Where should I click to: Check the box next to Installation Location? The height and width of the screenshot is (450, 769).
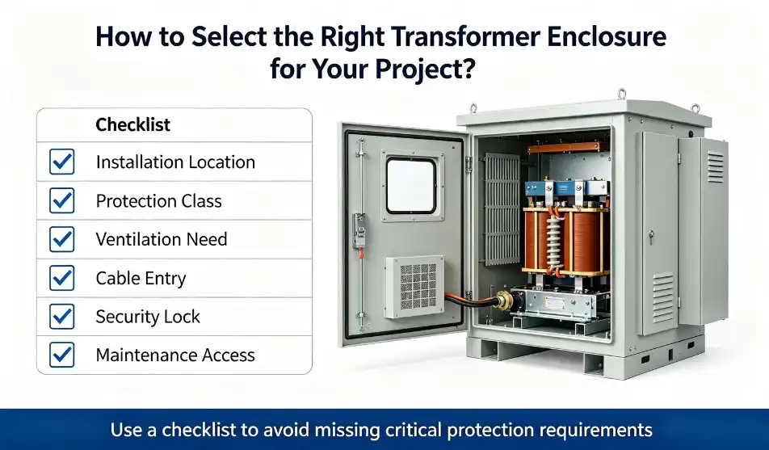(61, 162)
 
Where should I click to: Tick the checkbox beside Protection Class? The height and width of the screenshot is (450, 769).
(61, 200)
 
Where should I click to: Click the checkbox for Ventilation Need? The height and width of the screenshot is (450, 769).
(61, 239)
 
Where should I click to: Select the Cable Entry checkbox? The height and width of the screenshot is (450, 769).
(61, 278)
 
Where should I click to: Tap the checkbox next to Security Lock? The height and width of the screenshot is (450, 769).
(61, 317)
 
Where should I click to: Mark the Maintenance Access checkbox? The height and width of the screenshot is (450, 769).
(61, 355)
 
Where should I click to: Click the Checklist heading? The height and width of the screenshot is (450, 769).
(133, 124)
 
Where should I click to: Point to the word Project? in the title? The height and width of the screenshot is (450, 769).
(425, 69)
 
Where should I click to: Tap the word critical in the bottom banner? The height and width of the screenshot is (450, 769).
(414, 430)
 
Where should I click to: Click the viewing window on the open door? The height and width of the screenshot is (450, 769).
(410, 186)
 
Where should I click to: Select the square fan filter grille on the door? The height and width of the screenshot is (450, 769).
(418, 287)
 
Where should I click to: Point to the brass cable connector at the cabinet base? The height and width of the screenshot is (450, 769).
(504, 299)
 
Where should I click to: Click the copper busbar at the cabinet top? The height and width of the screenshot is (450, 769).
(568, 147)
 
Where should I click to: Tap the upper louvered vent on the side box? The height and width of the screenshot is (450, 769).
(715, 167)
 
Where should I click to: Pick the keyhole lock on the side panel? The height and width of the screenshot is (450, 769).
(651, 237)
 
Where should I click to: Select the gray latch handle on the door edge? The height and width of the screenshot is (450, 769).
(359, 233)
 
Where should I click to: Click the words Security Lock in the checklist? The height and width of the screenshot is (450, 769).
(148, 317)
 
